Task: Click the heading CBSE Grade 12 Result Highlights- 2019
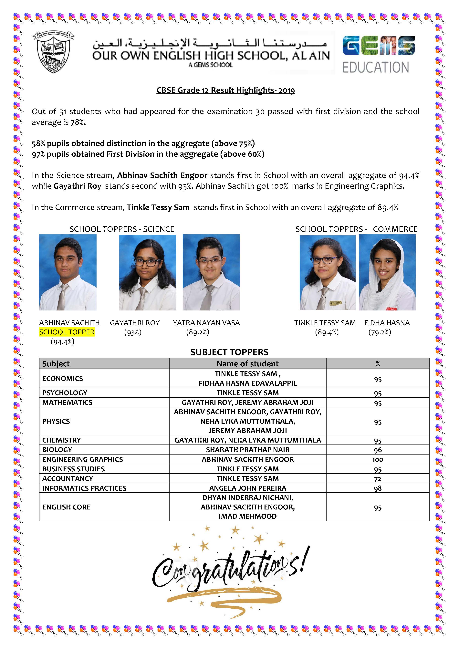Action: coord(225,90)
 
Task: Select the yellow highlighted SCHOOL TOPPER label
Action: coord(67,332)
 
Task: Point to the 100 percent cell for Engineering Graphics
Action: coord(378,460)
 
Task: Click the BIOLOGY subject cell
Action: coord(57,450)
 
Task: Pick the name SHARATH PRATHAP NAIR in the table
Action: coord(248,450)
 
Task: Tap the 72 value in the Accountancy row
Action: coord(378,479)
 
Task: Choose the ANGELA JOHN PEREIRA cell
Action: coord(248,488)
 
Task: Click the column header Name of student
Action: coord(248,363)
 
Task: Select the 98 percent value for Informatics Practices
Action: coord(378,488)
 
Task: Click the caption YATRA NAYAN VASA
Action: coord(206,323)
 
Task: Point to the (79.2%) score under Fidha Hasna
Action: coord(380,332)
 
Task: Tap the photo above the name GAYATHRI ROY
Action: coord(148,272)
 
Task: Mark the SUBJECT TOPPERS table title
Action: coord(229,352)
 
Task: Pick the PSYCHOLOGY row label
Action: coord(65,393)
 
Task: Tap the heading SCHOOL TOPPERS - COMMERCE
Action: coord(356,229)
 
